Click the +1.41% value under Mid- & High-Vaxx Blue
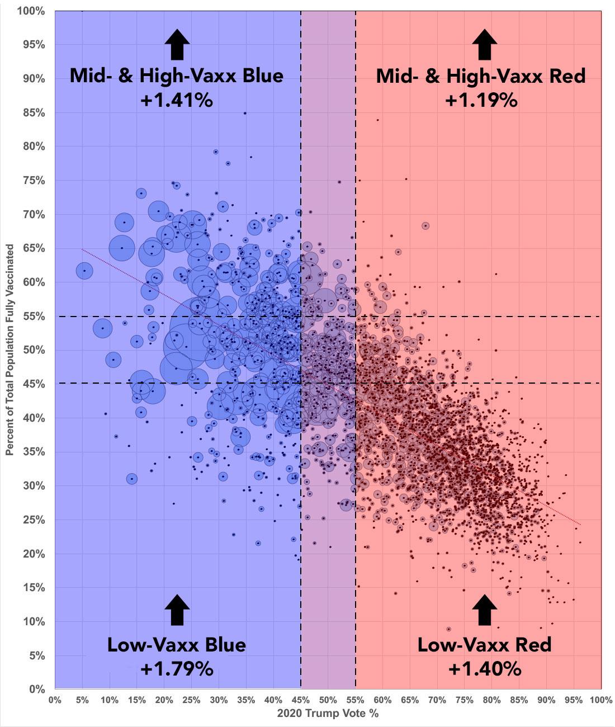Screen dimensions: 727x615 (x=177, y=101)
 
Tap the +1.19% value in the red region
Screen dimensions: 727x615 (x=481, y=101)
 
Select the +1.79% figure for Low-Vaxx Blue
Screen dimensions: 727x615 (x=177, y=669)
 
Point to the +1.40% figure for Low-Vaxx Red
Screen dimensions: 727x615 (x=485, y=669)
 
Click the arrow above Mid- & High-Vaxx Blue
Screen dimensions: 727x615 (x=177, y=44)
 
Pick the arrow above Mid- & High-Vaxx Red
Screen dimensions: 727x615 (x=485, y=44)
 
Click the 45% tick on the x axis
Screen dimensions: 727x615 (x=301, y=700)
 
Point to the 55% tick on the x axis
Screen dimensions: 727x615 (x=355, y=700)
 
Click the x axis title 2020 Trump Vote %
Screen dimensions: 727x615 (x=328, y=714)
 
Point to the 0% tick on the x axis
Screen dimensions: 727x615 (x=55, y=700)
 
